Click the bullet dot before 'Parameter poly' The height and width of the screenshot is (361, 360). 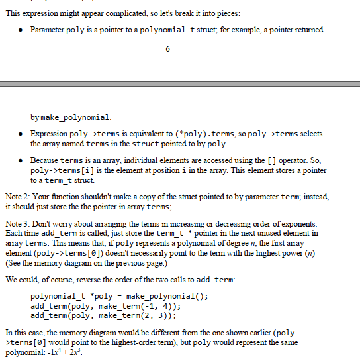click(x=22, y=30)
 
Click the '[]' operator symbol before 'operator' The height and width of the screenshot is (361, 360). click(x=266, y=160)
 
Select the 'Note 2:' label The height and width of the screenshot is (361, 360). click(x=17, y=196)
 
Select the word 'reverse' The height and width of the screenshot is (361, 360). click(x=105, y=278)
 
